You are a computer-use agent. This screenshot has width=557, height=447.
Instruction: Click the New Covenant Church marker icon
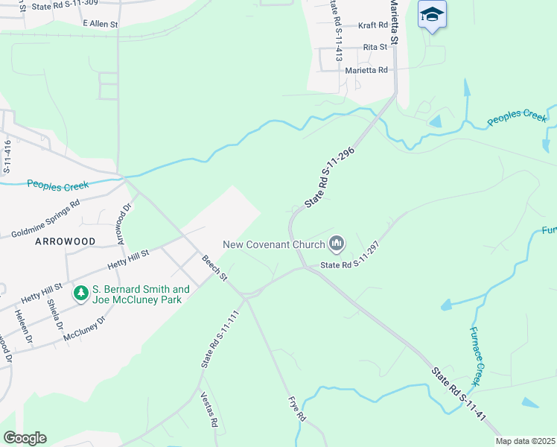[x=337, y=244]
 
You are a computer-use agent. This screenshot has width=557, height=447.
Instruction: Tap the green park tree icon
[x=81, y=294]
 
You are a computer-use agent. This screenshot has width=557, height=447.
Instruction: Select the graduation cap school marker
[x=432, y=15]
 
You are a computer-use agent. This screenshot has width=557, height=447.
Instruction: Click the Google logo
[x=25, y=438]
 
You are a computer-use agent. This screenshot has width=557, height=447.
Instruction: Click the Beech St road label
[x=214, y=268]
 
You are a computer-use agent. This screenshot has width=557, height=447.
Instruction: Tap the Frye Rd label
[x=297, y=409]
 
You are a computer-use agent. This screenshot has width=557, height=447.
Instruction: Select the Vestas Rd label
[x=209, y=410]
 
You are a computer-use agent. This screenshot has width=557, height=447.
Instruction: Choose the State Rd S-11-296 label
[x=328, y=177]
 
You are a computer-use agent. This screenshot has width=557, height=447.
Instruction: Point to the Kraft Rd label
[x=373, y=25]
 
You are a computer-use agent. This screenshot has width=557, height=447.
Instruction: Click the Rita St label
[x=375, y=47]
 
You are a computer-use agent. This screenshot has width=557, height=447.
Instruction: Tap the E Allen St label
[x=101, y=25]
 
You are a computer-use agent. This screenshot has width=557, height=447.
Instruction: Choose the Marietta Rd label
[x=366, y=70]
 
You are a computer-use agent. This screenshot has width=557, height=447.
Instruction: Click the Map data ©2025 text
[x=525, y=441]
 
